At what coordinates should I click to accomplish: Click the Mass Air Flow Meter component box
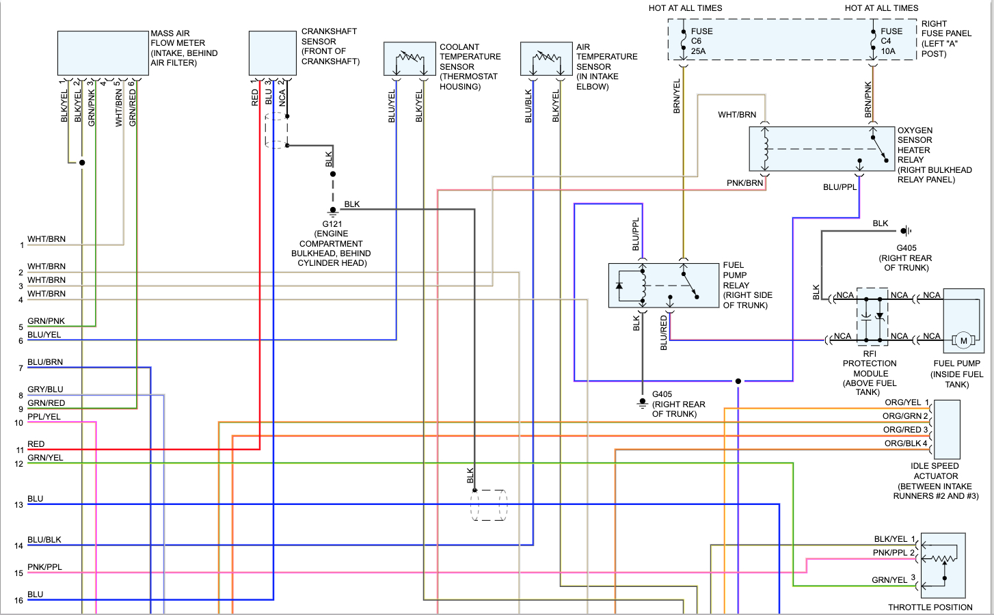pos(103,53)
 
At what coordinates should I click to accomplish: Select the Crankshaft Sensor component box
pos(272,53)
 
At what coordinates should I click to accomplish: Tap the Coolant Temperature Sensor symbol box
pos(409,59)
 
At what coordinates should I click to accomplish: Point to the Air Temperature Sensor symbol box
pos(546,59)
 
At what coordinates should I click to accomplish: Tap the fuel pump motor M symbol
pos(964,340)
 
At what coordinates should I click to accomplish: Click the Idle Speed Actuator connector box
pos(947,429)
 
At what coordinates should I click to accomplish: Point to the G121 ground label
pos(332,224)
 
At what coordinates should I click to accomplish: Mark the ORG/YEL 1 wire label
pos(906,402)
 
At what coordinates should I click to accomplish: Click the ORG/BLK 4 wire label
pos(906,443)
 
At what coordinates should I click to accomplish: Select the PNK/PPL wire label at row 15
pos(44,567)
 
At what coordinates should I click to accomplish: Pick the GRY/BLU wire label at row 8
pos(45,389)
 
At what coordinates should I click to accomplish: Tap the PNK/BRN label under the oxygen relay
pos(744,183)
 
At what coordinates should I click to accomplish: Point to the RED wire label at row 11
pos(36,444)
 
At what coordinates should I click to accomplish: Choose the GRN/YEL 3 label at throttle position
pos(893,579)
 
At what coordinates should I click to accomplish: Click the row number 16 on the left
pos(18,601)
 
